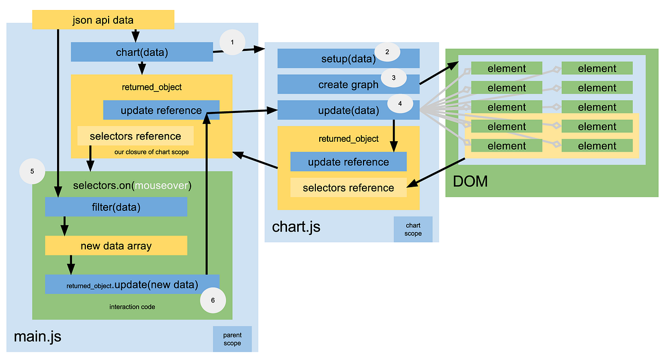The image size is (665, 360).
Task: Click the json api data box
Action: click(103, 20)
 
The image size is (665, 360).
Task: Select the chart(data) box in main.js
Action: click(142, 52)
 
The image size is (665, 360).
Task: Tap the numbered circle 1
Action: click(232, 42)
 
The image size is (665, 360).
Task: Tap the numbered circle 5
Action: click(32, 172)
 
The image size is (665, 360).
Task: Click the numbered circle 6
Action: click(213, 301)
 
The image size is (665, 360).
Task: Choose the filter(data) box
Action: click(116, 207)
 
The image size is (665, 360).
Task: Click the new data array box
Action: click(116, 246)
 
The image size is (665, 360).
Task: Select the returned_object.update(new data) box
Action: click(132, 285)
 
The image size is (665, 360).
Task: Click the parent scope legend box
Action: click(232, 339)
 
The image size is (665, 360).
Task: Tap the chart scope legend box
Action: click(413, 229)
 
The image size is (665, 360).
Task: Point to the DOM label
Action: click(470, 181)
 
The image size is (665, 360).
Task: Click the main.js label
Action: click(37, 336)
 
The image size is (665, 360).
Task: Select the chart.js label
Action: click(296, 227)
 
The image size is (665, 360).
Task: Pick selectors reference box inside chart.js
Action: click(348, 188)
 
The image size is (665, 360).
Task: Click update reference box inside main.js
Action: click(161, 110)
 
